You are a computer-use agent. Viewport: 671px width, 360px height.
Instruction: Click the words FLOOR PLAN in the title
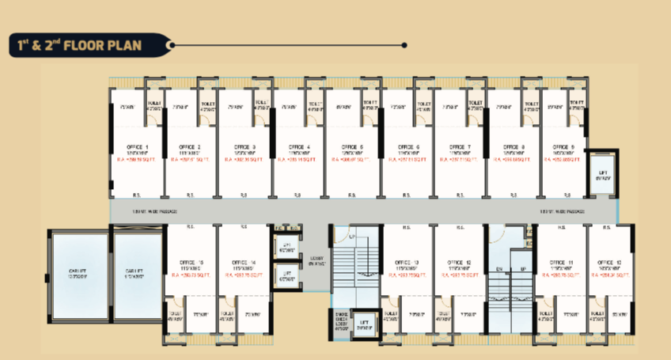(x=102, y=45)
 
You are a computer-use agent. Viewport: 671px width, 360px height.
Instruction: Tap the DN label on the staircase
(x=499, y=271)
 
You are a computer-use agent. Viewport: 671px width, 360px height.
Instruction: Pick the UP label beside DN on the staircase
(x=523, y=271)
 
